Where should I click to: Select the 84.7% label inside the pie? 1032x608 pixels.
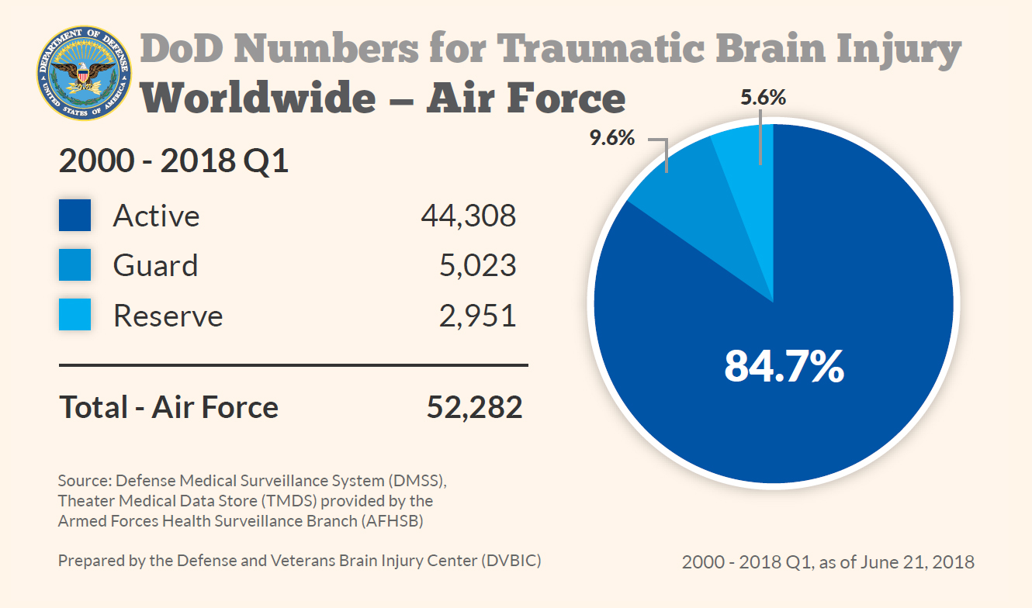point(784,366)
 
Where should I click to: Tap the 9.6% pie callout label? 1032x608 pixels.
point(611,139)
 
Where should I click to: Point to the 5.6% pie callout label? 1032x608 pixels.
point(764,98)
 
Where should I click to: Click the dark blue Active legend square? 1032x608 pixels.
point(74,216)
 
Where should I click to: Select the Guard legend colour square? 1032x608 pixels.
point(74,265)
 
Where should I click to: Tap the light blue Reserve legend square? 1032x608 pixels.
point(74,316)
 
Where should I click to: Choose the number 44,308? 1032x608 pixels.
point(468,216)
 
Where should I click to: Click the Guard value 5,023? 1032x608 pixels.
point(477,265)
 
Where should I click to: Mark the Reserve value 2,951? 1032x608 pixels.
point(477,316)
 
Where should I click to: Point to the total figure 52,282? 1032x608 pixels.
point(474,407)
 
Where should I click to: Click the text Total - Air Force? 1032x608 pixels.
point(169,407)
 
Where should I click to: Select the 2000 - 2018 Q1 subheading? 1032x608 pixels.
point(174,162)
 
